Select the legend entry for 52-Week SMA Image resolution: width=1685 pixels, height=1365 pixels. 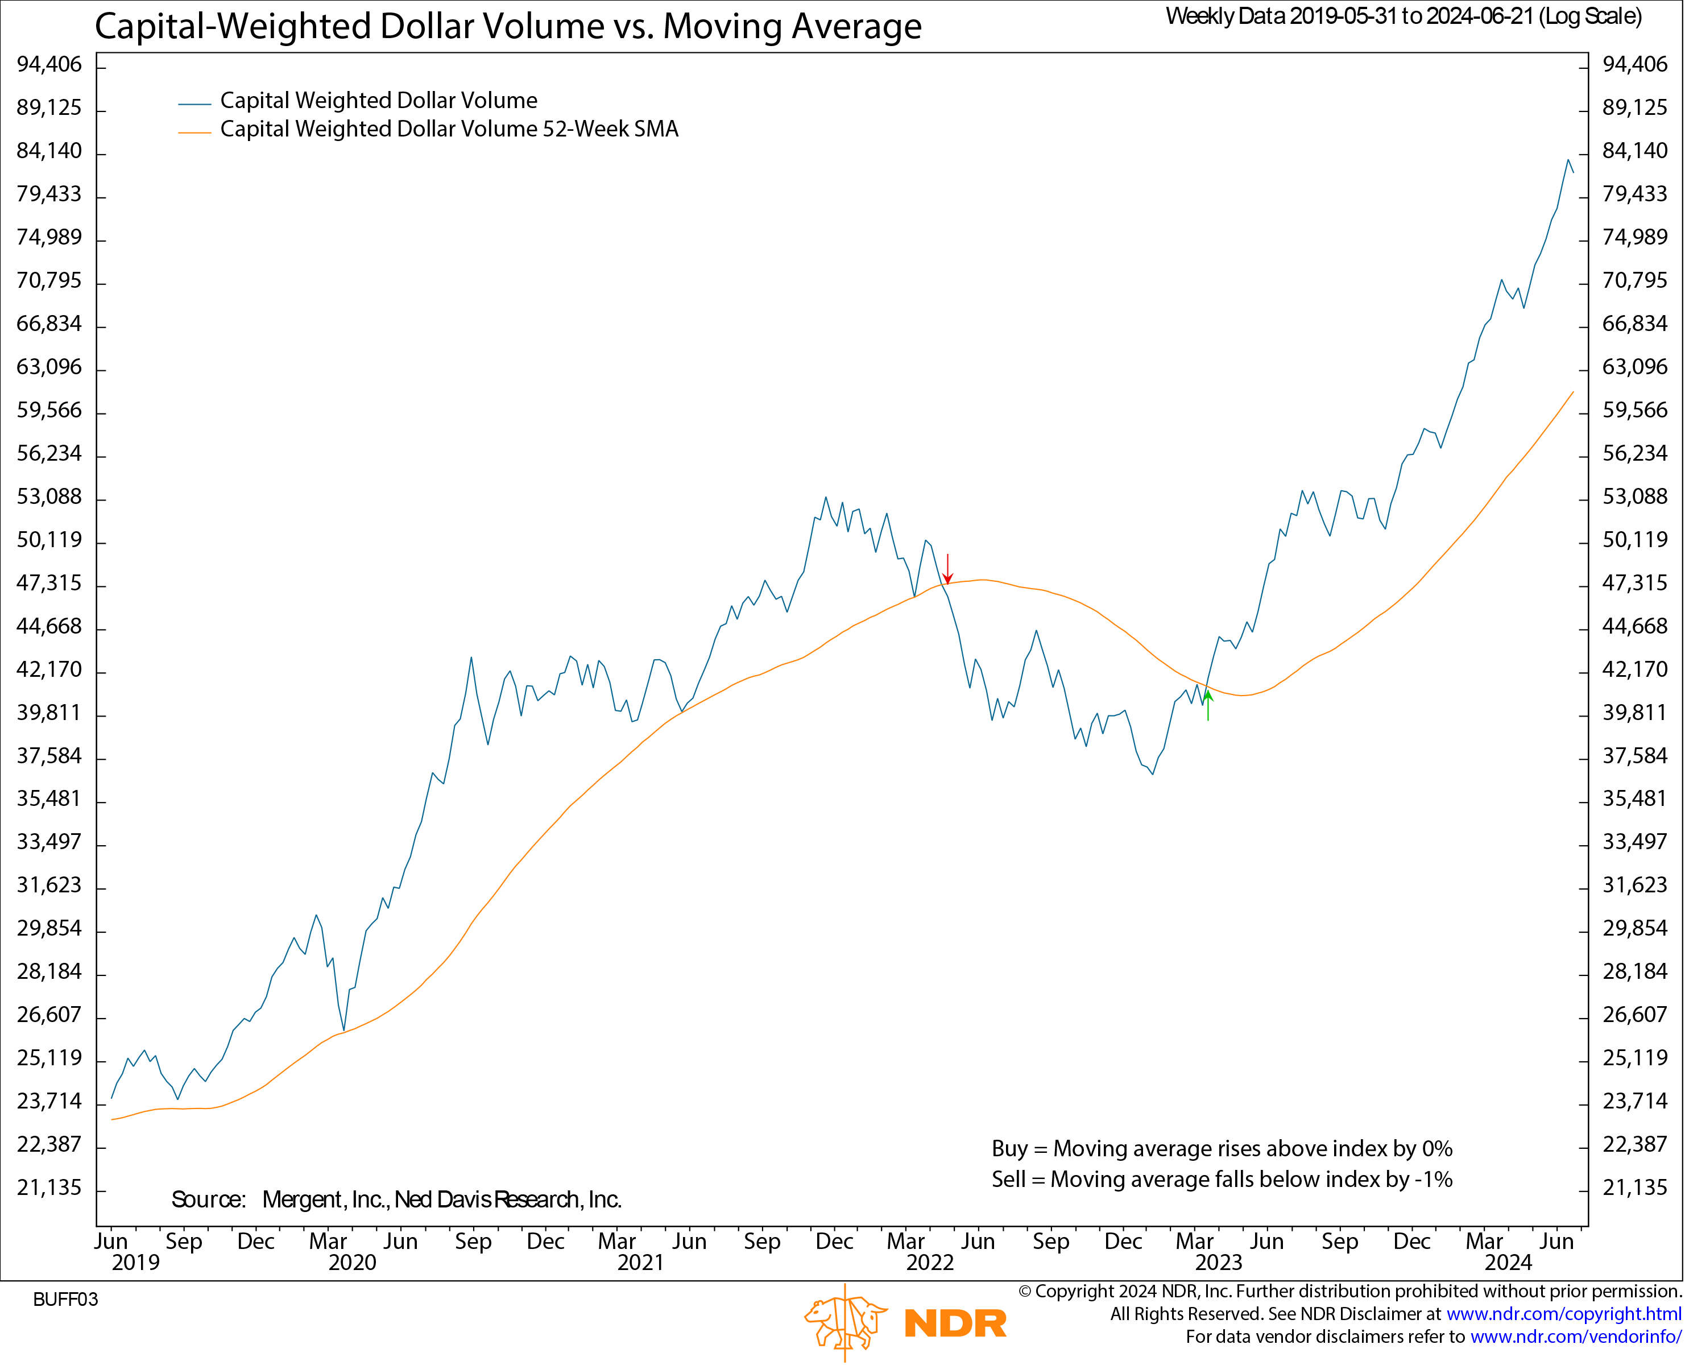point(448,129)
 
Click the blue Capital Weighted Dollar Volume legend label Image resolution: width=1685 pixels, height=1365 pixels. point(378,101)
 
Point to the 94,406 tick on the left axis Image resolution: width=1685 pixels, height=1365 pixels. point(49,64)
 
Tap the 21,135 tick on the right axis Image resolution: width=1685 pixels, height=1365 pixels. point(1635,1188)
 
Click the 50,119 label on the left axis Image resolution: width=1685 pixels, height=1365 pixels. point(49,539)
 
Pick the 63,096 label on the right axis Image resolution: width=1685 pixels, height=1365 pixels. point(1635,366)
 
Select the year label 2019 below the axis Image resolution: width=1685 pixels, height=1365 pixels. point(135,1263)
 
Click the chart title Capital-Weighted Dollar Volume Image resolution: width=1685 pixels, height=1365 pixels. point(508,26)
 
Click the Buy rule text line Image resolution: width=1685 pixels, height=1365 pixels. point(1221,1149)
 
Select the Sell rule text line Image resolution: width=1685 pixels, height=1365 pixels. point(1221,1180)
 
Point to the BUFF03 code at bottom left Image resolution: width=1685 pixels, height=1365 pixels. point(65,1300)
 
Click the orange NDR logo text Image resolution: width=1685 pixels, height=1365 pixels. point(955,1323)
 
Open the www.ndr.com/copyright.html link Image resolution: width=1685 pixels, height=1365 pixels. point(1563,1314)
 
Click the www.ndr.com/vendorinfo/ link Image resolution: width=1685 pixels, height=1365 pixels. point(1575,1337)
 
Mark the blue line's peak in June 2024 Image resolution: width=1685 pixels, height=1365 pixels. point(1568,160)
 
